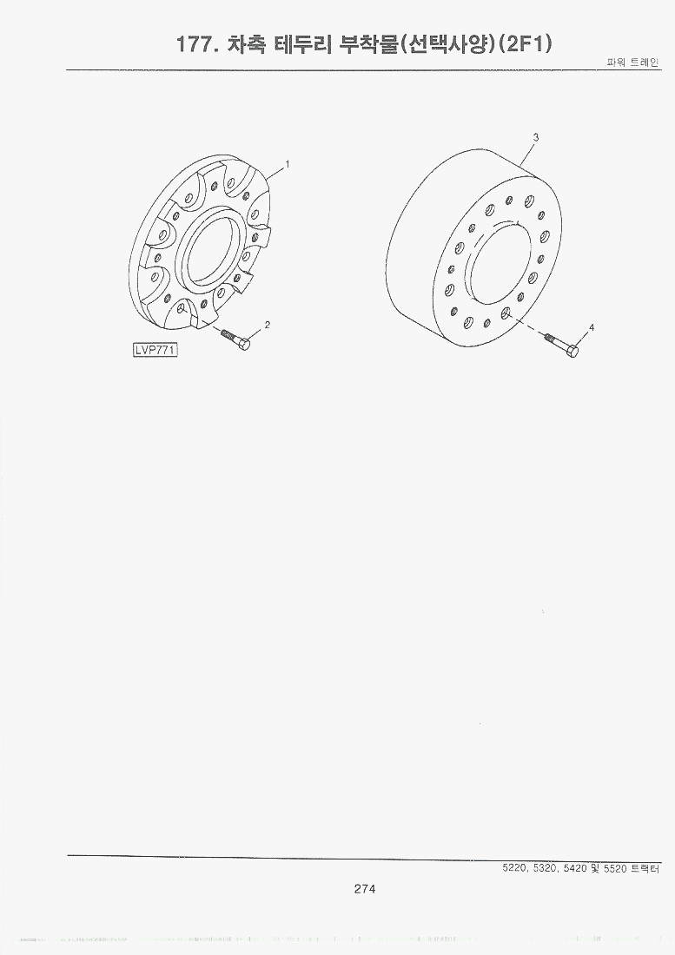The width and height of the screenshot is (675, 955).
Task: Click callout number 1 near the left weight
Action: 287,164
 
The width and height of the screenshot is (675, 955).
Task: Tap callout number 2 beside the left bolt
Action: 267,325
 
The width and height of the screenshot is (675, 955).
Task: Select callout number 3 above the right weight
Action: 536,138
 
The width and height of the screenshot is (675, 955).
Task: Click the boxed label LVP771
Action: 156,350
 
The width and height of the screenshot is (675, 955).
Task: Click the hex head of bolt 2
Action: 244,344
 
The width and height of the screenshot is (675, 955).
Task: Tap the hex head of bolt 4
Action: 572,351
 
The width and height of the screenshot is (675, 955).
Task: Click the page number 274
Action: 365,889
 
